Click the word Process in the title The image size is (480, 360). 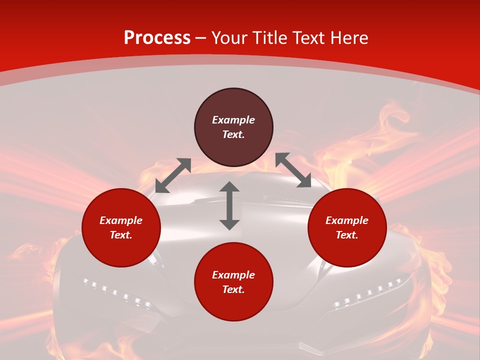coord(157,38)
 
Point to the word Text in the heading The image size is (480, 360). coord(307,38)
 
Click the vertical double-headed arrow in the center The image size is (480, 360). coord(229,205)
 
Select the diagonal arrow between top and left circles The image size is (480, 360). coord(173,175)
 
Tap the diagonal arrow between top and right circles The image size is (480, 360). coord(293,170)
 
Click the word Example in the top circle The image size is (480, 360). coord(233,120)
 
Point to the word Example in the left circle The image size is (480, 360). coord(121,220)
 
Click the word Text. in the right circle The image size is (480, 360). coord(347,235)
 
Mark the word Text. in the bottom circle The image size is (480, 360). coord(233,289)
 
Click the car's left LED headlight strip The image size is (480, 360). coord(117,293)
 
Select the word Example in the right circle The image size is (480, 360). coord(347,220)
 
